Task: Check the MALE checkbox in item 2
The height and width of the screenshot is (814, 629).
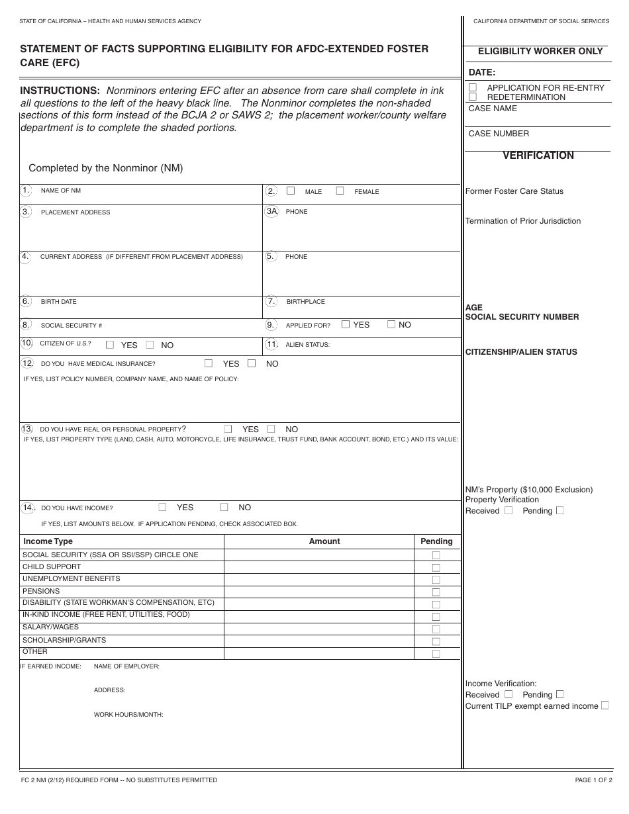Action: (x=291, y=191)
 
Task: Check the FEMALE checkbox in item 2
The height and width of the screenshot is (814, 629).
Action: (x=340, y=191)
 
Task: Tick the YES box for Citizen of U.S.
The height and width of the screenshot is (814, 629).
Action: (x=110, y=345)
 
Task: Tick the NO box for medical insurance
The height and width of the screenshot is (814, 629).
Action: (x=252, y=363)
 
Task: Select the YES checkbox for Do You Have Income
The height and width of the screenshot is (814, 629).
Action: (x=162, y=507)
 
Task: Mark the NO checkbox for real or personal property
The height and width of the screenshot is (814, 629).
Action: (x=271, y=429)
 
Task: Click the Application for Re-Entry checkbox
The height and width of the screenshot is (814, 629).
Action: (x=473, y=87)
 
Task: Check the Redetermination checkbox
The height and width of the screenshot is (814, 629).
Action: (x=473, y=97)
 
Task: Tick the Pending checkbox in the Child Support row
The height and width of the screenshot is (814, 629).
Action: (x=436, y=568)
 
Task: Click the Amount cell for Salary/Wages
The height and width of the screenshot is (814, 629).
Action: (x=318, y=628)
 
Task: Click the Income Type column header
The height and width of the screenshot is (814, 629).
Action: (x=48, y=541)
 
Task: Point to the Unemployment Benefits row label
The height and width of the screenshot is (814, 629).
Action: (x=72, y=578)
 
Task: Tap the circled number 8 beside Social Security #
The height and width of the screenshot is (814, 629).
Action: (x=25, y=325)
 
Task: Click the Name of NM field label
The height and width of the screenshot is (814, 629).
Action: (x=61, y=191)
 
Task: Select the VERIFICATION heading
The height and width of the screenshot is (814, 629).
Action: (x=538, y=156)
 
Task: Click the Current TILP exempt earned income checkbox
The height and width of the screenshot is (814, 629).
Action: (x=605, y=705)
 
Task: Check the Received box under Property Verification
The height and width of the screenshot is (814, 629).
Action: (x=508, y=510)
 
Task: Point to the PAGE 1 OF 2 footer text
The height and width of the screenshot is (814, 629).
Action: (x=592, y=780)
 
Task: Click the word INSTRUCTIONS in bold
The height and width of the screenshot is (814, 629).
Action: (x=60, y=91)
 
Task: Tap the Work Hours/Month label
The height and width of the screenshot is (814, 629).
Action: (x=128, y=715)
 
